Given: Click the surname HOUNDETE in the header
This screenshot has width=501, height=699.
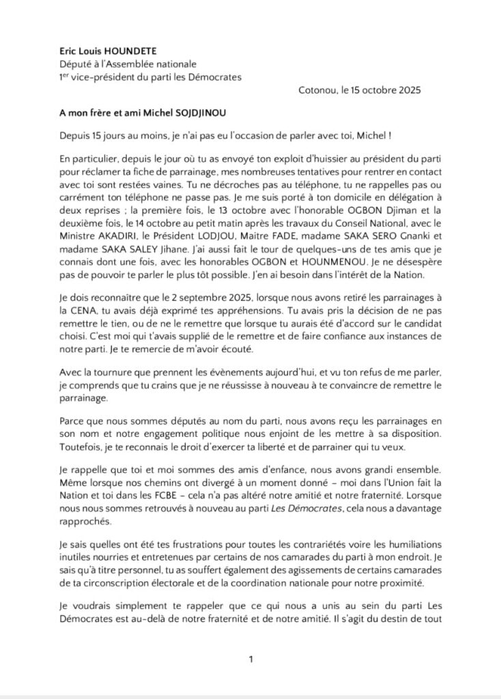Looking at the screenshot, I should tap(137, 51).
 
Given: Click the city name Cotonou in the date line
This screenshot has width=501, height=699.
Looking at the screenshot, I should tap(319, 90).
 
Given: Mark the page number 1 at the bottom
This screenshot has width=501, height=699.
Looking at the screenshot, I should tap(250, 659).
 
